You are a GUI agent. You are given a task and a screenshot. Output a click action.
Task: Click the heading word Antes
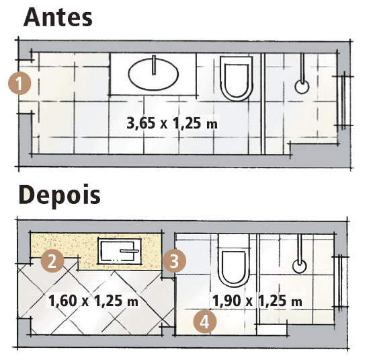pos(58,17)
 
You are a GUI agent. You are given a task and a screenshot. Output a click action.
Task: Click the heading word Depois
pos(60,195)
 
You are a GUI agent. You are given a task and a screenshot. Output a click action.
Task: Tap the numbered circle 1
pos(19,83)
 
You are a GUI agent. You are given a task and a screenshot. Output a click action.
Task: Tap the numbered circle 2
pos(52,261)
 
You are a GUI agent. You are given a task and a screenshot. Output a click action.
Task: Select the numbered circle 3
pos(175,261)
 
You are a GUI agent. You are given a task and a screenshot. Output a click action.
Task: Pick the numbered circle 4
pos(205,322)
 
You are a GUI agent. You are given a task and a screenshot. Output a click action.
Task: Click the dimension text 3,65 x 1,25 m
pos(172,123)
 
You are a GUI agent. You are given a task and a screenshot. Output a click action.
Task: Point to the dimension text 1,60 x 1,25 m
pos(93,300)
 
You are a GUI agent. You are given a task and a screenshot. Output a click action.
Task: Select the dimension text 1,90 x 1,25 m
pos(257,300)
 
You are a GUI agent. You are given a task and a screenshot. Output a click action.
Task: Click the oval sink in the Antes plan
pos(153,74)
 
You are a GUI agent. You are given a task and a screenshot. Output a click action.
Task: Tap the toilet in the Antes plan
pos(236,78)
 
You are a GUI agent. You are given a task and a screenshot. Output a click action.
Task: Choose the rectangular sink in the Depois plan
pos(120,252)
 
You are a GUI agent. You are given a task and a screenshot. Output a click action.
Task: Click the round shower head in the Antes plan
pos(302,86)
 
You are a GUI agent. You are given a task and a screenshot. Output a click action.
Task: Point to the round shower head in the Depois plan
pos(300,266)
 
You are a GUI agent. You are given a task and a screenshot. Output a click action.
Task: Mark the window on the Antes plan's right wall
pos(343,100)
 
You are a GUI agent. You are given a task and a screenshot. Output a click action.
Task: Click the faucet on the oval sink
pos(154,65)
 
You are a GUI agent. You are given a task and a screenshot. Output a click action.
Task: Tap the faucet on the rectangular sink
pos(129,251)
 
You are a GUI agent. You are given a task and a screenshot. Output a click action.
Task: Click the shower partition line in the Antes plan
pos(263,104)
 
